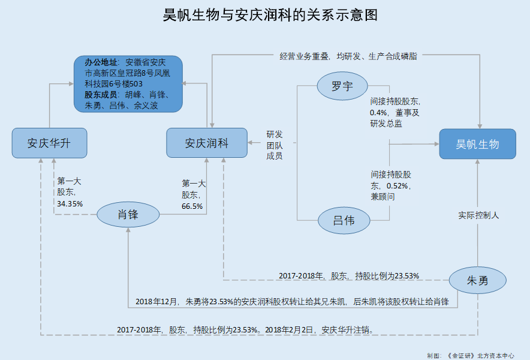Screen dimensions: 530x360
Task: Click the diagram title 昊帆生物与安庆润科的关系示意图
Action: [270, 15]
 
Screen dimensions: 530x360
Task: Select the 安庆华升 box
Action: [49, 143]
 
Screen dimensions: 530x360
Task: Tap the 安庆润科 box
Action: [207, 143]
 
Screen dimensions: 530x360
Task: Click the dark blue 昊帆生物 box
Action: [478, 144]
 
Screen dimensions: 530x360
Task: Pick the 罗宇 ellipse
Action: [342, 86]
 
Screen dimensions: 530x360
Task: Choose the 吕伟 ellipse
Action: [344, 221]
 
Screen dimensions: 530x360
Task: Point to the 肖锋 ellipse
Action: [128, 215]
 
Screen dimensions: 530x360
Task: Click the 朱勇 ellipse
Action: [478, 280]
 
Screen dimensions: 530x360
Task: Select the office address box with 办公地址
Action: [128, 84]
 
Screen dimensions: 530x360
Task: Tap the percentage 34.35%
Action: [70, 203]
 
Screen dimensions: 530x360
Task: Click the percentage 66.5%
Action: [192, 206]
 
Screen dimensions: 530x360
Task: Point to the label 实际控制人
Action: [478, 215]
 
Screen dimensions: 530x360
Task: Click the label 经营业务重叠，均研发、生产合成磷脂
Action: [348, 56]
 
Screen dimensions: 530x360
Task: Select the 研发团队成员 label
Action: [275, 145]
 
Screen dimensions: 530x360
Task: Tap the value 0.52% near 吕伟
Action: [397, 186]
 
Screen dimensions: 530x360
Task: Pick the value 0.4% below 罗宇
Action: [378, 113]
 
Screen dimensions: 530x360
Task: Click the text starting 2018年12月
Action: [292, 301]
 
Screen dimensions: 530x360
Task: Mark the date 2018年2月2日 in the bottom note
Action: [289, 329]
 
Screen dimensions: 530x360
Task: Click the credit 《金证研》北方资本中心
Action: [480, 356]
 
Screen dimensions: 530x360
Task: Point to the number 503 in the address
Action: [136, 84]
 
